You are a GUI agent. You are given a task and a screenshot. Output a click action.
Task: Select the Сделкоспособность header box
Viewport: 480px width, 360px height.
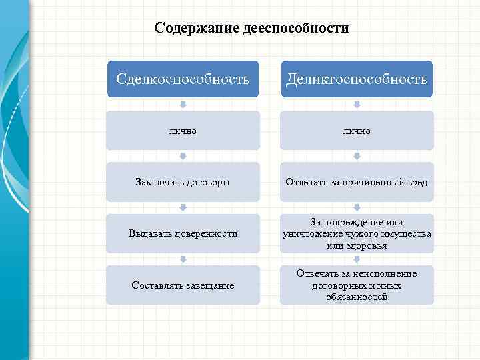[x=183, y=79]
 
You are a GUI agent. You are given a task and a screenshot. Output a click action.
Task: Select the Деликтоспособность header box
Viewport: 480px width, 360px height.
[x=357, y=79]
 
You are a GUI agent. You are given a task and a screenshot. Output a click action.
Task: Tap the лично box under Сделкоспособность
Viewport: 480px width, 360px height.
[x=183, y=131]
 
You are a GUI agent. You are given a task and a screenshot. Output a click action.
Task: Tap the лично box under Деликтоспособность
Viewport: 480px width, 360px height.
[x=357, y=131]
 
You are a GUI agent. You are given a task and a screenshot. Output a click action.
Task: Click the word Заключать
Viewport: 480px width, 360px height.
[x=158, y=182]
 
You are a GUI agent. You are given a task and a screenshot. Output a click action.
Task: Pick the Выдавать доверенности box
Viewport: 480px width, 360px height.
[x=183, y=233]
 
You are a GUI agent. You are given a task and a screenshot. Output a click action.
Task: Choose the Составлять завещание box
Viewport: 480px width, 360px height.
[x=183, y=285]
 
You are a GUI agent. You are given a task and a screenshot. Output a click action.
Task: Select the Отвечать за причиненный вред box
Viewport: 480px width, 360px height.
[x=357, y=182]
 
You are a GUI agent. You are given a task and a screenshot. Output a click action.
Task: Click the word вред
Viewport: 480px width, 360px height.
[x=417, y=182]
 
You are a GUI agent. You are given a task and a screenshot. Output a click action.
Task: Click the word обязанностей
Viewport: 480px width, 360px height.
[x=357, y=297]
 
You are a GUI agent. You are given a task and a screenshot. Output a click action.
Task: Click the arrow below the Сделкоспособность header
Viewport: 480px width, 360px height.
[x=183, y=105]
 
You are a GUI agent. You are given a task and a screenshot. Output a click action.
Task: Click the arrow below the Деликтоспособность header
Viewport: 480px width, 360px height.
[x=357, y=105]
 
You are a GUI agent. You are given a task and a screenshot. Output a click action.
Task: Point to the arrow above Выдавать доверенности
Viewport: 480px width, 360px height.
[x=183, y=207]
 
